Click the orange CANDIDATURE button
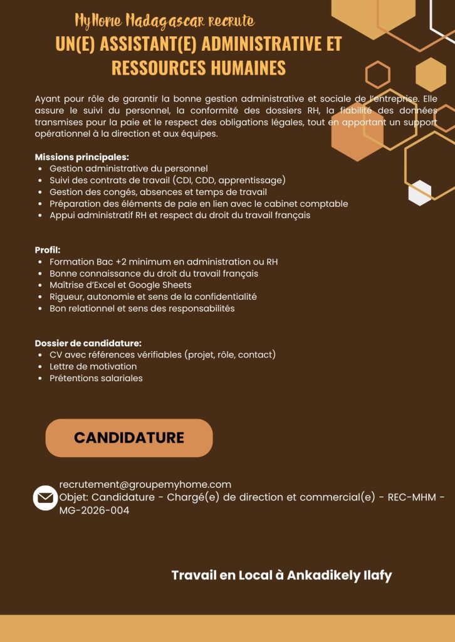tap(129, 438)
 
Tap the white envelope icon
tap(45, 498)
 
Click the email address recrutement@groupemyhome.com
tap(145, 484)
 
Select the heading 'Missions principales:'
tap(81, 157)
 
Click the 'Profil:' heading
tap(48, 250)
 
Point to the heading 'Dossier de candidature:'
tap(88, 343)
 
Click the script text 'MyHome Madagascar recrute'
tap(164, 21)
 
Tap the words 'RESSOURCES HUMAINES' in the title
tap(198, 68)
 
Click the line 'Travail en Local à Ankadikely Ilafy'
tap(281, 575)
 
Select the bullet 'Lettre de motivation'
tap(93, 366)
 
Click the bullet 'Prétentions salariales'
tap(96, 378)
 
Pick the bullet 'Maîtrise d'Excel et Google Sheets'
tap(120, 285)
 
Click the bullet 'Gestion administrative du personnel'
tap(128, 169)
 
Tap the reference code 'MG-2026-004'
tap(94, 510)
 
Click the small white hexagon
tap(419, 193)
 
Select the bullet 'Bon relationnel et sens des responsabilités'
tap(142, 308)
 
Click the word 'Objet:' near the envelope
tap(74, 498)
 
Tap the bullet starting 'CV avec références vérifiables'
tap(162, 355)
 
